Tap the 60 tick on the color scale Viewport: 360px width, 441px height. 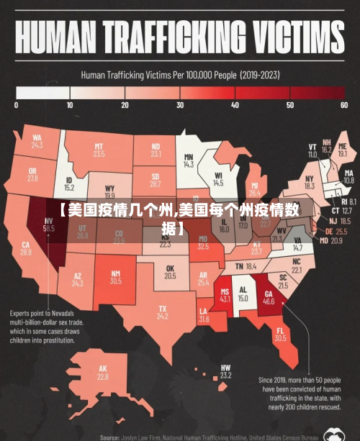click(344, 105)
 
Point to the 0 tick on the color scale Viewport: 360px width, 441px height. click(16, 105)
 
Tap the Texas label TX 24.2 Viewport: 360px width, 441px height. click(163, 313)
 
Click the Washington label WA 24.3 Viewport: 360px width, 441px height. click(37, 141)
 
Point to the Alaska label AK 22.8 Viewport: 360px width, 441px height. click(103, 373)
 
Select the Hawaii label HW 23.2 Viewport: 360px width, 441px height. click(225, 372)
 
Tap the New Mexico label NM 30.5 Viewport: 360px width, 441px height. click(115, 277)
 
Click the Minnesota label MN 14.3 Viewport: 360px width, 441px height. click(189, 160)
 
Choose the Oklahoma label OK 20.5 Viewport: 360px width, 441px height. click(170, 272)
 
